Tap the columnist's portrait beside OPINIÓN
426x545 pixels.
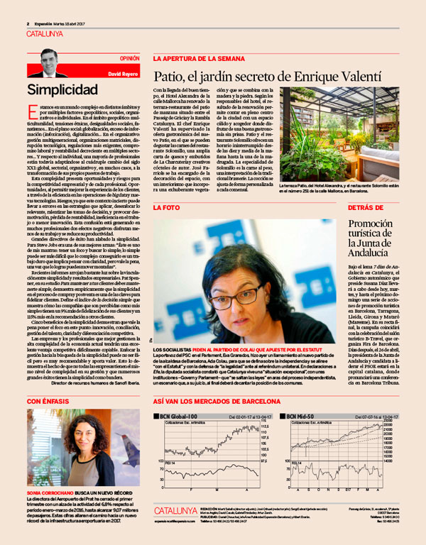pos(48,65)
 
